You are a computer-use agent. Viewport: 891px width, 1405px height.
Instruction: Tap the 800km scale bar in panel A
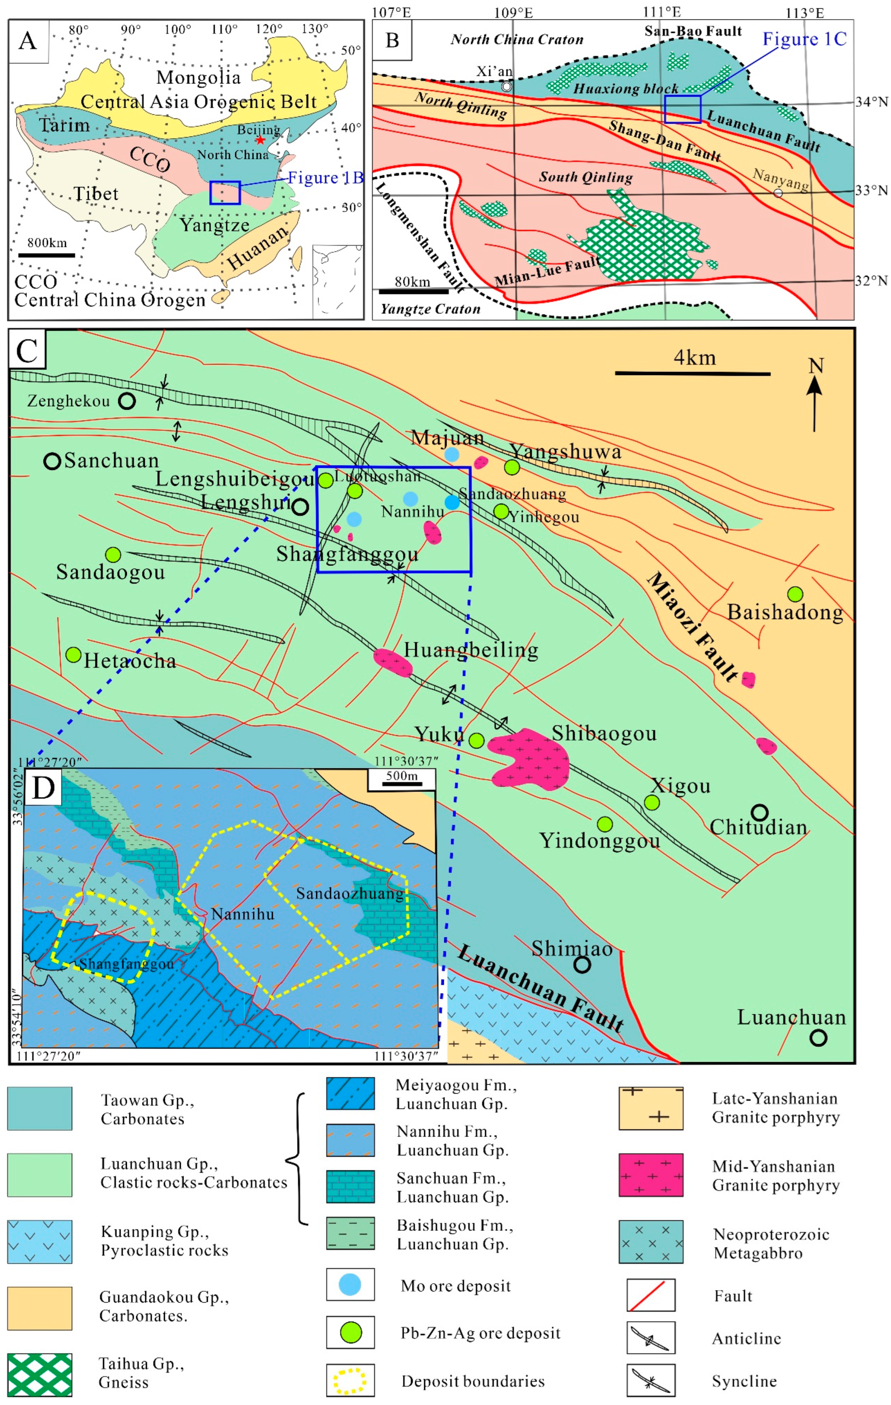point(47,255)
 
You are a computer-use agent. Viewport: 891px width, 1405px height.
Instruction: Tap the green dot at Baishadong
point(795,594)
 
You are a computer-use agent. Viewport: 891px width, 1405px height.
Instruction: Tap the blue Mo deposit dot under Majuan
point(452,454)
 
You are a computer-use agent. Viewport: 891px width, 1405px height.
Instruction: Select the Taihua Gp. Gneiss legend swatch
point(40,1374)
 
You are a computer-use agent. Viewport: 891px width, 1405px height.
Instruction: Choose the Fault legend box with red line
point(651,1295)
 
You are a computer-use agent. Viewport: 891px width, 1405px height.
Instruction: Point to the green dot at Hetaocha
point(73,655)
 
